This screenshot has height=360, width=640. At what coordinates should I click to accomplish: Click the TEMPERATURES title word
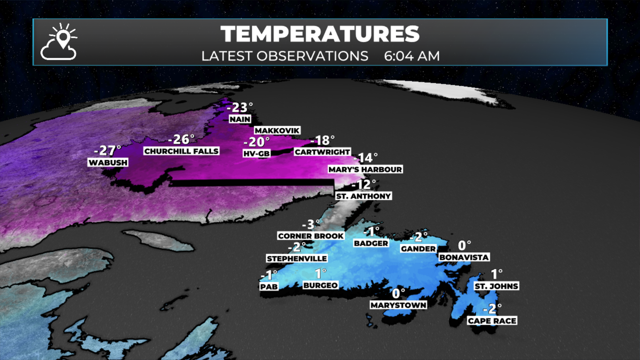click(320, 34)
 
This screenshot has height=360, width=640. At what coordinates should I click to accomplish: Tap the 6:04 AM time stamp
click(412, 56)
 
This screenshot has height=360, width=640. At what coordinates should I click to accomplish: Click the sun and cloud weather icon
click(59, 42)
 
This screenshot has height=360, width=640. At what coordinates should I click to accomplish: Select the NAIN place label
click(240, 119)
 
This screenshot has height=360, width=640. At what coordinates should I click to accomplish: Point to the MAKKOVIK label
click(277, 130)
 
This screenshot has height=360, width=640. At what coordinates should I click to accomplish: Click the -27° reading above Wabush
click(107, 151)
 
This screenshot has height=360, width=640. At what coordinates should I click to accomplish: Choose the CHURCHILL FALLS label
click(181, 151)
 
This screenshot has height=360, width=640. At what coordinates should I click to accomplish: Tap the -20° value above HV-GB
click(256, 142)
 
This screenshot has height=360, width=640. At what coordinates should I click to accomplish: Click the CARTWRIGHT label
click(322, 152)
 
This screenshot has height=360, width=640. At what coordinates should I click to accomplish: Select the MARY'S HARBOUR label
click(365, 169)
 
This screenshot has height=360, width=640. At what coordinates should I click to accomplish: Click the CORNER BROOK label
click(311, 236)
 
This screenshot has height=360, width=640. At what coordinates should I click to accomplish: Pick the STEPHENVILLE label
click(297, 258)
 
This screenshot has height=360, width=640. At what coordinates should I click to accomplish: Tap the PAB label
click(269, 287)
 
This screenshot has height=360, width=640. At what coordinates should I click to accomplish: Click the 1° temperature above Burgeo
click(321, 274)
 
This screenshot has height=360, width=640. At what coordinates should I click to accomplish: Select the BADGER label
click(371, 243)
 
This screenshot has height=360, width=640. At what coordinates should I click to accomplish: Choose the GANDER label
click(418, 249)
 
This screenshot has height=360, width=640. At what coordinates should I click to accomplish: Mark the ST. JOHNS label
click(496, 286)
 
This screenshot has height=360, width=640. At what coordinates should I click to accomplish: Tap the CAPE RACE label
click(492, 321)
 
